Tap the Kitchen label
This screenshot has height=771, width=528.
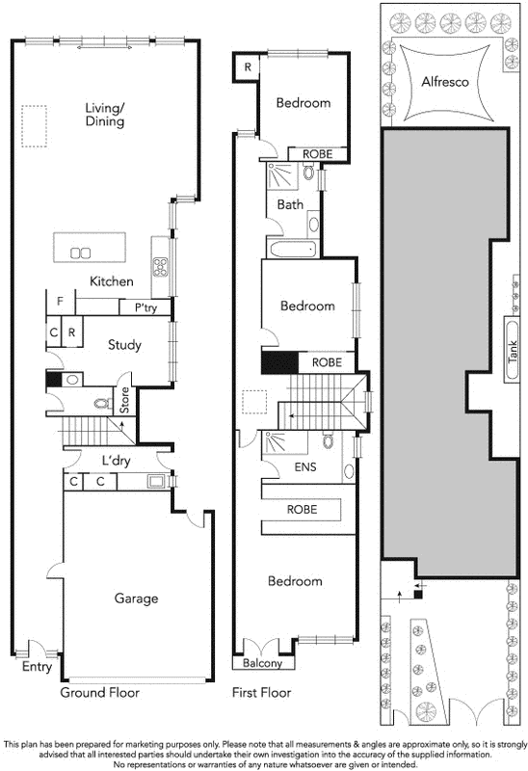[111, 281]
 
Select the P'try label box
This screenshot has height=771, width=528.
[145, 307]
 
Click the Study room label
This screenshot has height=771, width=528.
[124, 344]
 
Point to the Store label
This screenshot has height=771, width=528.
[123, 398]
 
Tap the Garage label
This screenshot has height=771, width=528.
[136, 598]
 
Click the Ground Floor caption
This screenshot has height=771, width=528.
[99, 692]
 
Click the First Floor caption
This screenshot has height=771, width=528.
[261, 692]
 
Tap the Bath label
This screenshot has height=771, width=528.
[290, 204]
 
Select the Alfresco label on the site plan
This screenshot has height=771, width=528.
[444, 83]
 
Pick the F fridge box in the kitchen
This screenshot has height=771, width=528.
[60, 302]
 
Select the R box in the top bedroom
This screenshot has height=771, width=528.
[248, 67]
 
